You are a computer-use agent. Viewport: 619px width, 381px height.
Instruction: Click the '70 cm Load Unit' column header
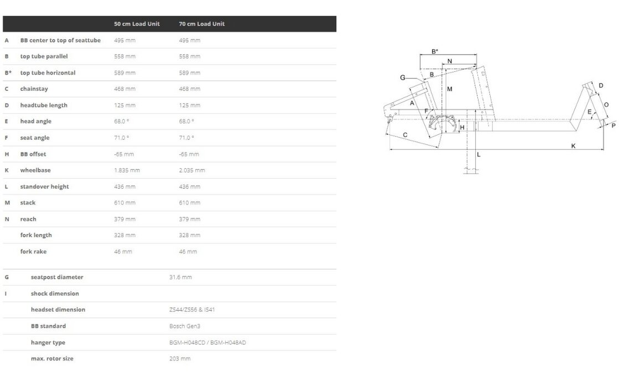202,24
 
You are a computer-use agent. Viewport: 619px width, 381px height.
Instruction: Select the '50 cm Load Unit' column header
137,24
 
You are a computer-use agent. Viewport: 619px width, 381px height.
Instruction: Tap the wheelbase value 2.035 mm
192,170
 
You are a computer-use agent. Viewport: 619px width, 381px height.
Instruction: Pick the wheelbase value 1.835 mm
127,170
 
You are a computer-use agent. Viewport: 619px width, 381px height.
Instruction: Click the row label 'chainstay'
34,89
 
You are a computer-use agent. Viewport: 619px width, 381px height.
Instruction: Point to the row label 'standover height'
45,186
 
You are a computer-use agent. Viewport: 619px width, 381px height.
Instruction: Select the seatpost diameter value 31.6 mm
180,277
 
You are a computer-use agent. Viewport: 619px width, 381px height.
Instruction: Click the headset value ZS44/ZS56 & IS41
192,310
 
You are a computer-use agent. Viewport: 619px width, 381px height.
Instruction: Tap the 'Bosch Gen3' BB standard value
185,326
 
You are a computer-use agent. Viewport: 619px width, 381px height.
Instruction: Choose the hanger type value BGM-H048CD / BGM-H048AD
207,342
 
